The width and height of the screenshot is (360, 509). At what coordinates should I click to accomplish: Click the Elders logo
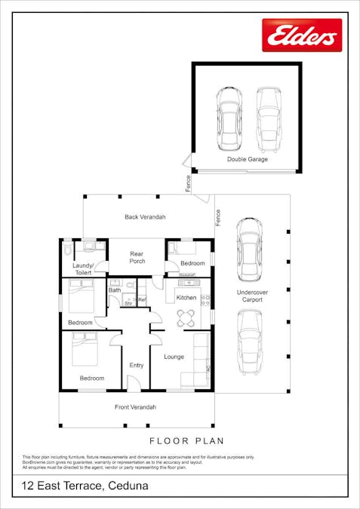coord(302,35)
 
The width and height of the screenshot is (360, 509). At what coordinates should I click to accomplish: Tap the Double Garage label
coord(248,159)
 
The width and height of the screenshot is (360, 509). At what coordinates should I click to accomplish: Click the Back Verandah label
coord(145,217)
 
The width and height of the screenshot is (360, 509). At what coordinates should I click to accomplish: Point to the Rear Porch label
coord(137,257)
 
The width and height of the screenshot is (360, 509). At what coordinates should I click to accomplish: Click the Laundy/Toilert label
coord(82,269)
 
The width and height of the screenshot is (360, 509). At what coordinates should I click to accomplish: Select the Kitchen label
coord(186,298)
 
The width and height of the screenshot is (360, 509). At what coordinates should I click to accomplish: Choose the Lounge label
coord(174,357)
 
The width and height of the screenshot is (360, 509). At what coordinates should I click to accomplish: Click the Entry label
coord(137,365)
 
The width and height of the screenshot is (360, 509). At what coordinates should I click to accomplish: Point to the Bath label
coord(115,290)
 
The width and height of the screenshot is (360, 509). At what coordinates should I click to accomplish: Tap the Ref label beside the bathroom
coord(141,300)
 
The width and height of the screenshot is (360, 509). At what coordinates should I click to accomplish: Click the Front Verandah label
coord(136,407)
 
